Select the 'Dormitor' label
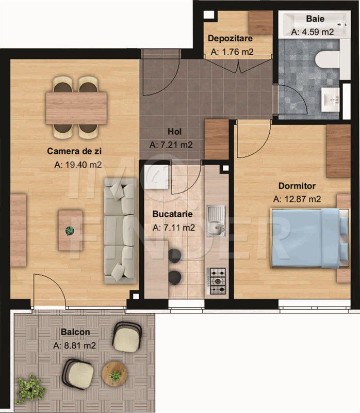[297, 186]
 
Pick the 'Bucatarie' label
[173, 213]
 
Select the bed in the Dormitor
[309, 237]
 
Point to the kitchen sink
[216, 219]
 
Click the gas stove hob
[217, 281]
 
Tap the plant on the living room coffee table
[70, 231]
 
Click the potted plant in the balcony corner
[30, 389]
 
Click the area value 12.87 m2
[297, 199]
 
